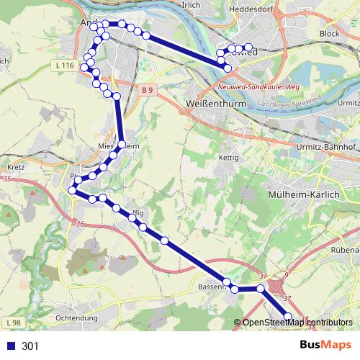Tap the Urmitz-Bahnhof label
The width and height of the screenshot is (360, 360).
point(328,147)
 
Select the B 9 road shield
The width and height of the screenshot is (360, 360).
point(148,90)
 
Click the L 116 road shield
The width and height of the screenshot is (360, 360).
point(63,66)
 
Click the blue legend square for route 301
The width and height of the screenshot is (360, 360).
point(9,346)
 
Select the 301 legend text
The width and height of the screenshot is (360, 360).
point(30,346)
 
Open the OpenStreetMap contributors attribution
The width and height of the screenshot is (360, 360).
point(297,323)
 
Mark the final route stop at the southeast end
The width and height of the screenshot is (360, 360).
point(289,315)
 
